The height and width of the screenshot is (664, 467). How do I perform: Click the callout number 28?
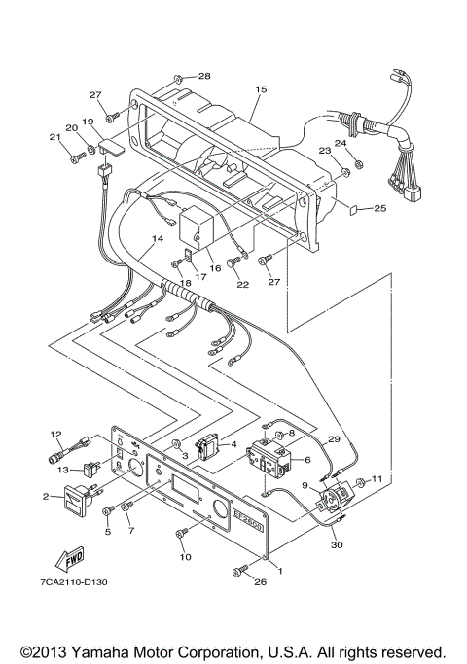pos(204,76)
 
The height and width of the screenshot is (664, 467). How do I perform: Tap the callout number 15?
pos(260,89)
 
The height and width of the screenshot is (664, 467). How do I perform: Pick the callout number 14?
pos(157,238)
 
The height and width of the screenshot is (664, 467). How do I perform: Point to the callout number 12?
pos(55,434)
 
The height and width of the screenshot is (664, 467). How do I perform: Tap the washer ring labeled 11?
pos(362,482)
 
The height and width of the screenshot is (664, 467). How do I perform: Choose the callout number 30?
pos(338,545)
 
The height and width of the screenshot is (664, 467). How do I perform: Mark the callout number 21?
pos(54,136)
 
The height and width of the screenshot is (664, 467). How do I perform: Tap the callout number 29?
pos(334,440)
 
